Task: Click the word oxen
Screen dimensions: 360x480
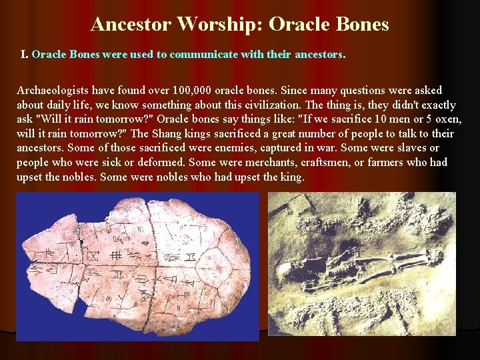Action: [x=447, y=119]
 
